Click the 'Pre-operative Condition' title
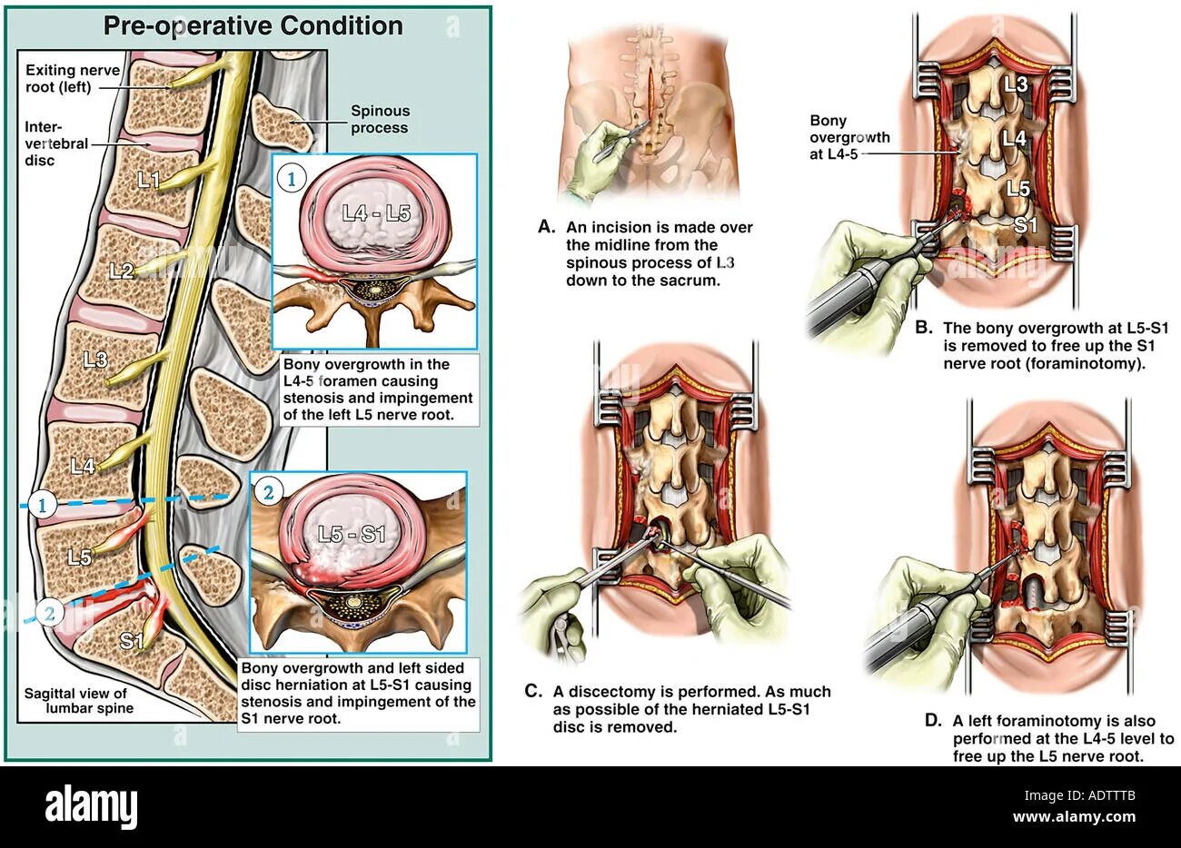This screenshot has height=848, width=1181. (253, 25)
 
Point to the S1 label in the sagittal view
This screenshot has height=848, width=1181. (132, 641)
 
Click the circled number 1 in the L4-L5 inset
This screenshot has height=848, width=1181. (291, 179)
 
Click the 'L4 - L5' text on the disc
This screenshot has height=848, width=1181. (377, 214)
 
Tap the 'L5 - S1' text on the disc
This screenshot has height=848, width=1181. (352, 534)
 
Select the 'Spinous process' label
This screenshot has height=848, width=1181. (380, 120)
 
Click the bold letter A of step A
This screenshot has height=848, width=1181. (545, 227)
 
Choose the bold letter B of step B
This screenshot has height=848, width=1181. (922, 327)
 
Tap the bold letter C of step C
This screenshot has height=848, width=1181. (533, 692)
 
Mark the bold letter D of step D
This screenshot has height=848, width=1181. (932, 720)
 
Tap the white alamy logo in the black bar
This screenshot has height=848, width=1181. (91, 805)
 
